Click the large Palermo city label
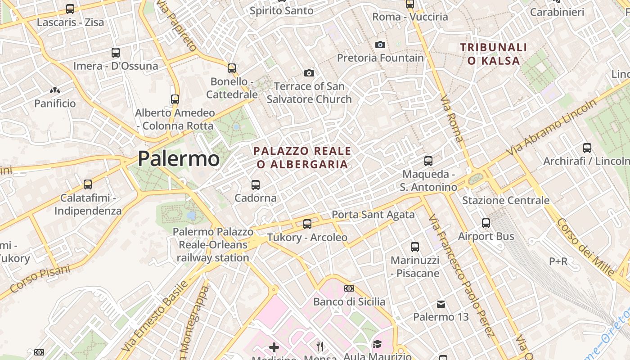(x=179, y=158)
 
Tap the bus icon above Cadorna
(x=256, y=184)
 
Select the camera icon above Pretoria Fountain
(x=380, y=45)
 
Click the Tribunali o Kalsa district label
(x=494, y=54)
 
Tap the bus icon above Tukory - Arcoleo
(x=307, y=224)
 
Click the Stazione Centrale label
(x=506, y=200)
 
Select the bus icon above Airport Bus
(x=486, y=223)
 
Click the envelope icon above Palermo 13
(x=441, y=304)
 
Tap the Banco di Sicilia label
(x=349, y=301)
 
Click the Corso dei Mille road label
(x=585, y=247)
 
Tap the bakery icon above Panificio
(x=55, y=90)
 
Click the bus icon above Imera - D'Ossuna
(x=116, y=53)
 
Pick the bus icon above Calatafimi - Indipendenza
(x=88, y=184)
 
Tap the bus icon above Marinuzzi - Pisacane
(x=415, y=247)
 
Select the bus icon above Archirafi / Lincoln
(x=587, y=148)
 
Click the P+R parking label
(x=558, y=261)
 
